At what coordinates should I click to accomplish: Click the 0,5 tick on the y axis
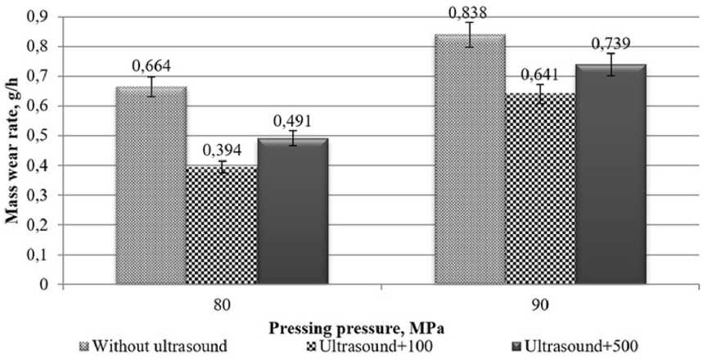coord(38,136)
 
